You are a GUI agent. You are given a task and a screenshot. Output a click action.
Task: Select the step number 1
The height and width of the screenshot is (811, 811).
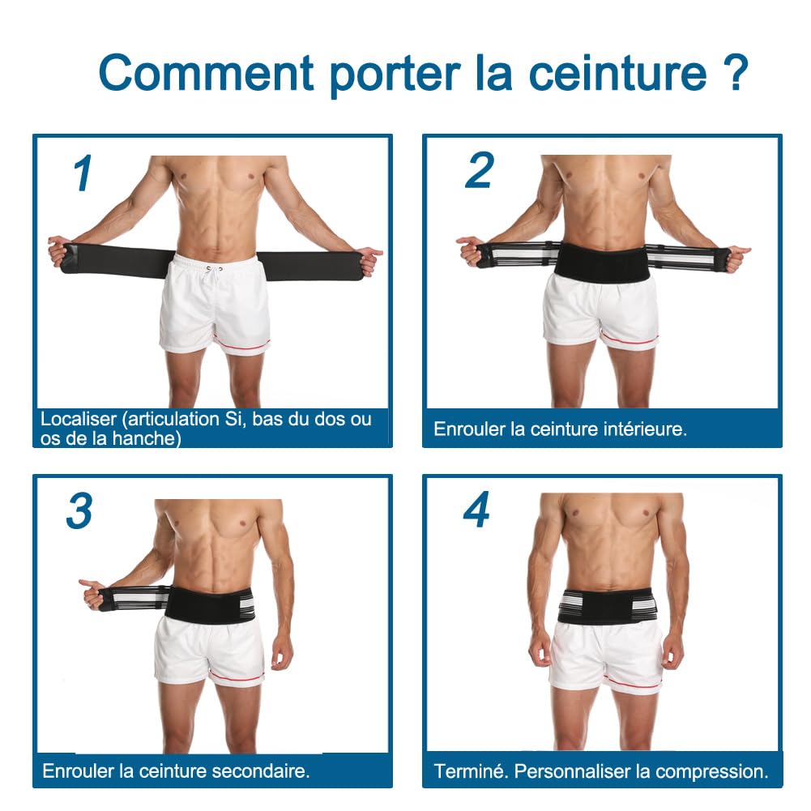coord(83,173)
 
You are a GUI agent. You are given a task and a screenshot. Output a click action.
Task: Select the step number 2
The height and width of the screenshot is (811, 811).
coord(479,170)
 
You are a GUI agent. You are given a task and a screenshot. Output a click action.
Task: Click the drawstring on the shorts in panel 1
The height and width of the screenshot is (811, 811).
coord(216,271)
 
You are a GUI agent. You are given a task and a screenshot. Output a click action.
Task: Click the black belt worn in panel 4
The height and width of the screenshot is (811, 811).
coord(607,607)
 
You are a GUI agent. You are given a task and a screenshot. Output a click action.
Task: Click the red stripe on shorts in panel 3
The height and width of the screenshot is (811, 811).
coord(235,674)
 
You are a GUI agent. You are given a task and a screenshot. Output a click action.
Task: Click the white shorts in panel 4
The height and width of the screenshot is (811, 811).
coord(607,656)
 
